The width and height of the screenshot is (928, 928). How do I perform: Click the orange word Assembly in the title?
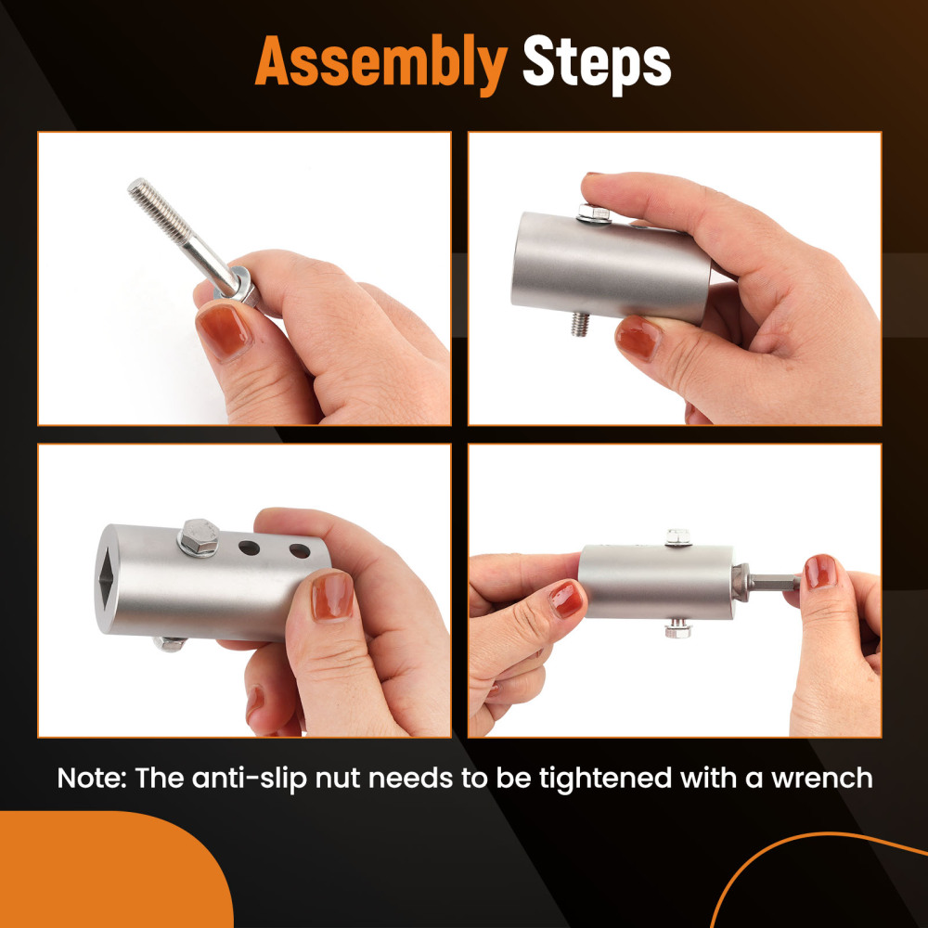pos(381,63)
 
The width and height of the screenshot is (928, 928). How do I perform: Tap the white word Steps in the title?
pos(597,63)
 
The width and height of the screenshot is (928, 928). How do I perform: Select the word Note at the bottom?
pos(92,778)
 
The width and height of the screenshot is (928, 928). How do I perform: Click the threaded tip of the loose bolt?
pos(138,187)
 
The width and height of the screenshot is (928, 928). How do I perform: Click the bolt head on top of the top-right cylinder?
pos(592,213)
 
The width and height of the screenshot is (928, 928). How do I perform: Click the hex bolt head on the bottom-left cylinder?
pos(199,535)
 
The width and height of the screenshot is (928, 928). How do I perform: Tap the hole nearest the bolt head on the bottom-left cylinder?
pos(249,548)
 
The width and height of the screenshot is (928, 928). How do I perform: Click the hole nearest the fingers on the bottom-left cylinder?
pos(300,551)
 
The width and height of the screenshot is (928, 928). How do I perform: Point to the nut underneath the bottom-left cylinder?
pos(169,643)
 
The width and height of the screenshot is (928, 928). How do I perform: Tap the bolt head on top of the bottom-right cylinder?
pos(678,537)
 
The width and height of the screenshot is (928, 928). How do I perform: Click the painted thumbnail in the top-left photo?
pos(223,330)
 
